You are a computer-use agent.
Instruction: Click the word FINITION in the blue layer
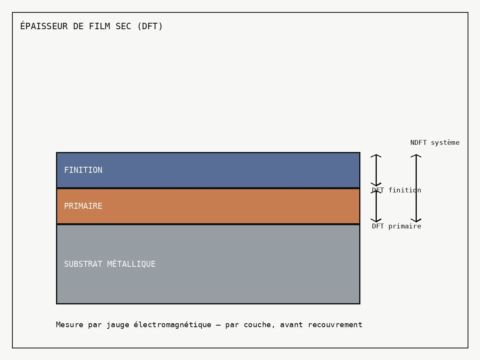click(x=83, y=170)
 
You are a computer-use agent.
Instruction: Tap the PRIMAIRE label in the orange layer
click(x=83, y=206)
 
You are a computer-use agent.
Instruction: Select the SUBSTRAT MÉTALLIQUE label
click(x=110, y=264)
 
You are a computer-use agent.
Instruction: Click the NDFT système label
click(x=435, y=143)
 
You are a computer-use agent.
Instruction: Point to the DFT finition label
click(x=396, y=190)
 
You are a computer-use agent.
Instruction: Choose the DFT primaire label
click(x=396, y=226)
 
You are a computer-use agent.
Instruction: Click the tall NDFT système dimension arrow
click(x=416, y=188)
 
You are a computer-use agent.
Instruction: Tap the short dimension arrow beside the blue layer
click(x=376, y=170)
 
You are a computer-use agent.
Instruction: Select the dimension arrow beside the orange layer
click(x=376, y=206)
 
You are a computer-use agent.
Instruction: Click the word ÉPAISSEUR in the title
click(x=44, y=26)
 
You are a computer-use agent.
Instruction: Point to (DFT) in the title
click(x=150, y=26)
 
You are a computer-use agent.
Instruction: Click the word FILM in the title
click(x=100, y=26)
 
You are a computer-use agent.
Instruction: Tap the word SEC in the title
click(x=123, y=26)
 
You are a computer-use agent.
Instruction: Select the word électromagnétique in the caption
click(x=172, y=325)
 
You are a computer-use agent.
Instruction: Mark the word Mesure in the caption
click(x=70, y=325)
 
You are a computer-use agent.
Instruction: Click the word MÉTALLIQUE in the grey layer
click(x=131, y=264)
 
